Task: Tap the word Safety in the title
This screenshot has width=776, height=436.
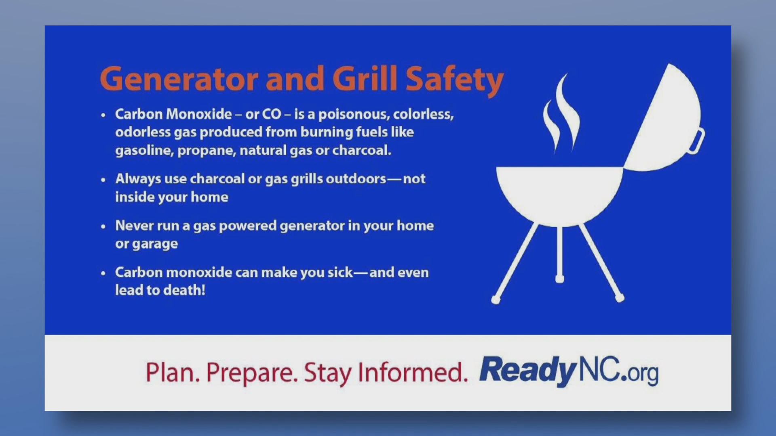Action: click(x=455, y=80)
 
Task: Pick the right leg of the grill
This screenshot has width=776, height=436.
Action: click(x=601, y=262)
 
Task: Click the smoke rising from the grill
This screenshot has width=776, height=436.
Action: click(x=563, y=115)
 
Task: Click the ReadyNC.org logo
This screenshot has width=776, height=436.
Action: click(x=569, y=371)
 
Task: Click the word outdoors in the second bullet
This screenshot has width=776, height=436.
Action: click(x=356, y=178)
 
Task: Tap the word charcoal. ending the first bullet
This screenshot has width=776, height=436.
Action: click(x=362, y=150)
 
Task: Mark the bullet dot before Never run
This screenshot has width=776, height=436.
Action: click(x=103, y=226)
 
